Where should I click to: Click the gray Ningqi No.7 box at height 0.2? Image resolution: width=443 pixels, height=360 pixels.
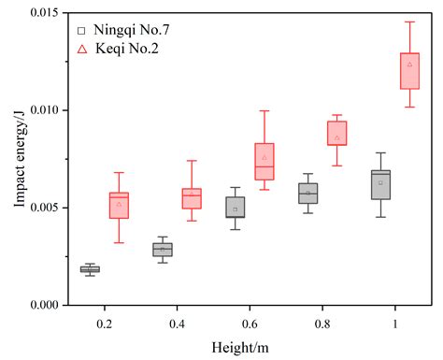tap(90, 269)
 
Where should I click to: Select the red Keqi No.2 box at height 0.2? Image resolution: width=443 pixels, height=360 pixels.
tap(119, 205)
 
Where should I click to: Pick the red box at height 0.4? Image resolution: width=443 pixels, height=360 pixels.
tap(192, 198)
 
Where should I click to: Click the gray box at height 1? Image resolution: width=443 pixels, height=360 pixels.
tap(380, 185)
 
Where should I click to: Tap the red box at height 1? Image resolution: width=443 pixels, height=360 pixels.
tap(409, 71)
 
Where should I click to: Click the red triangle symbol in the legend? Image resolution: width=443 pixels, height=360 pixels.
tap(82, 48)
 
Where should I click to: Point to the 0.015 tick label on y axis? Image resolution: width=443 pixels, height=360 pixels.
tap(39, 13)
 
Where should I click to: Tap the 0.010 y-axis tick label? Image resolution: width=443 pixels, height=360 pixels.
tap(39, 110)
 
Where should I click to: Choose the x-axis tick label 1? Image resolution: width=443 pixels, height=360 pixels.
tap(395, 323)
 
